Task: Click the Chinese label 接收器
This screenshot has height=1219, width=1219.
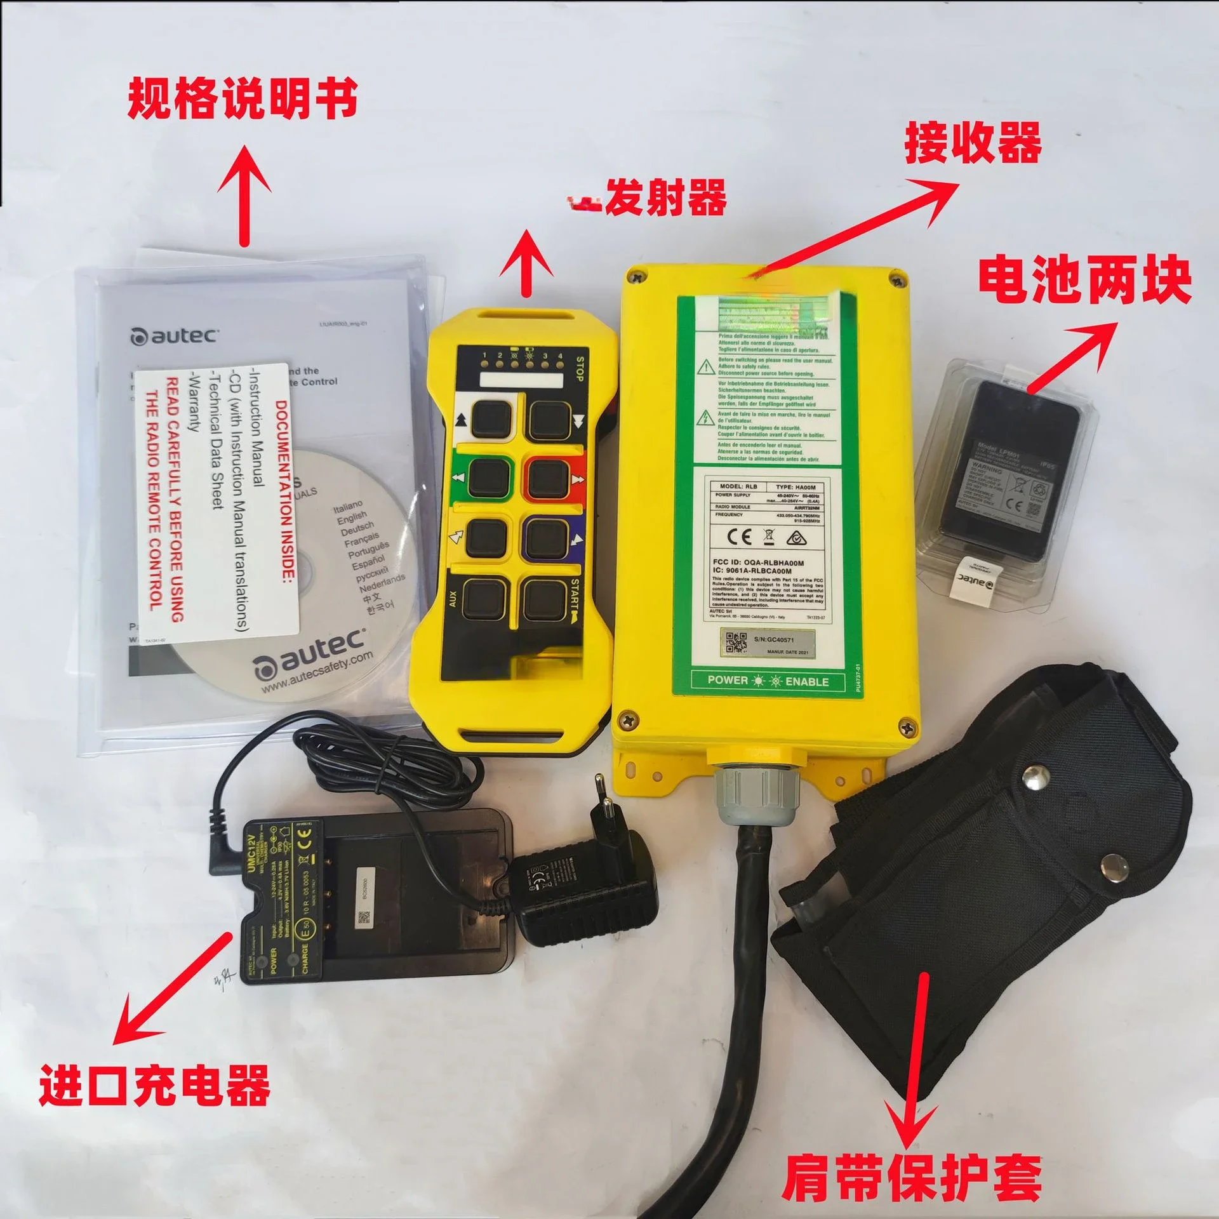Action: (973, 143)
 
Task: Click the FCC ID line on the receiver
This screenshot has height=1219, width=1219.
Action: (758, 563)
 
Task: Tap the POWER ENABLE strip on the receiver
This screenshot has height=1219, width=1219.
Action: (768, 681)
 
